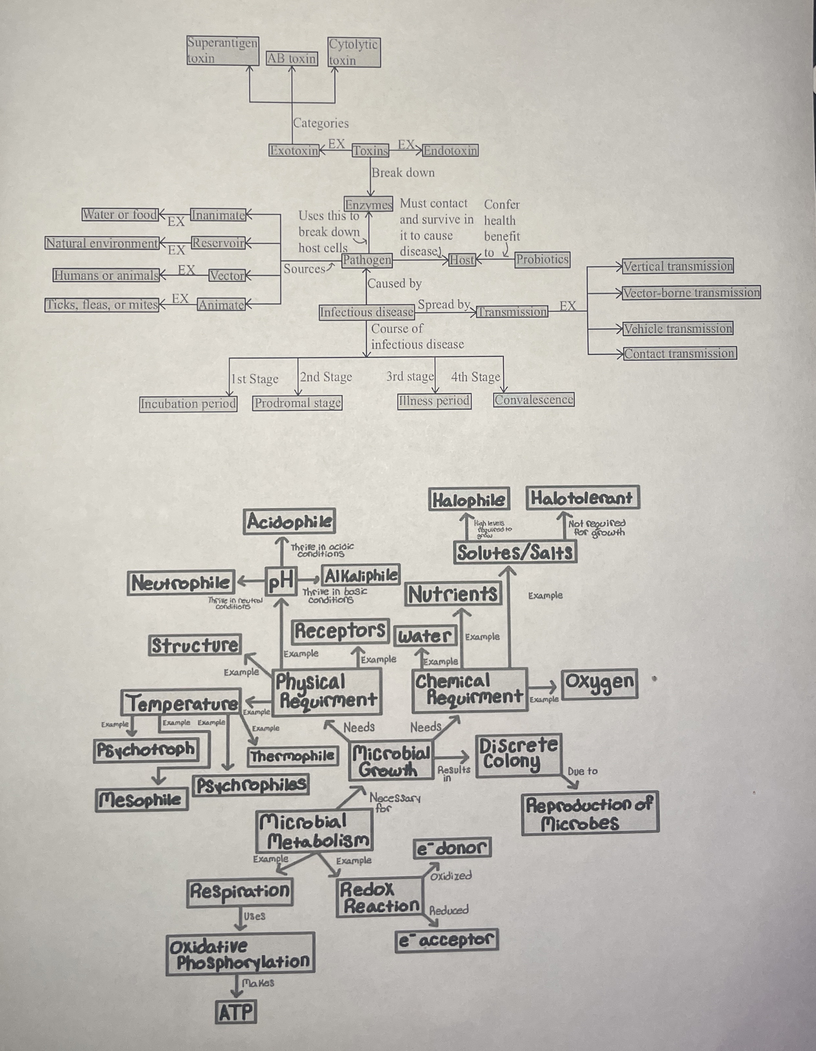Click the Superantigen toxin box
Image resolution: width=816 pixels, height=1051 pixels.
pos(222,50)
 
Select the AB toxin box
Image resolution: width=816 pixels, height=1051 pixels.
pos(292,59)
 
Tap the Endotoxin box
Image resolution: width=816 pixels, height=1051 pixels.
pos(450,151)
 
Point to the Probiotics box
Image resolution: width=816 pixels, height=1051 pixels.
pos(542,259)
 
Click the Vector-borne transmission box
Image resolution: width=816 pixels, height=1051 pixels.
pos(691,293)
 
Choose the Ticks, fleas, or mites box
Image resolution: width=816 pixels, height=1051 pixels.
pos(102,304)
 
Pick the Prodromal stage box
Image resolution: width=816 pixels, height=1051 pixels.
pos(297,403)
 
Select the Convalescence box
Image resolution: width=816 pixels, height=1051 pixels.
pos(534,400)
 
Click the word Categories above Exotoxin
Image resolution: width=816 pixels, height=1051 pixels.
pos(321,123)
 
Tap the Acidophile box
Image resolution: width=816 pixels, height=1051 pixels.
pos(289,522)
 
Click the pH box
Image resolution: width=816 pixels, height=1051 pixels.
pos(281,582)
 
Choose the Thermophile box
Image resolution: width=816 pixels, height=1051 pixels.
pos(293,756)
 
